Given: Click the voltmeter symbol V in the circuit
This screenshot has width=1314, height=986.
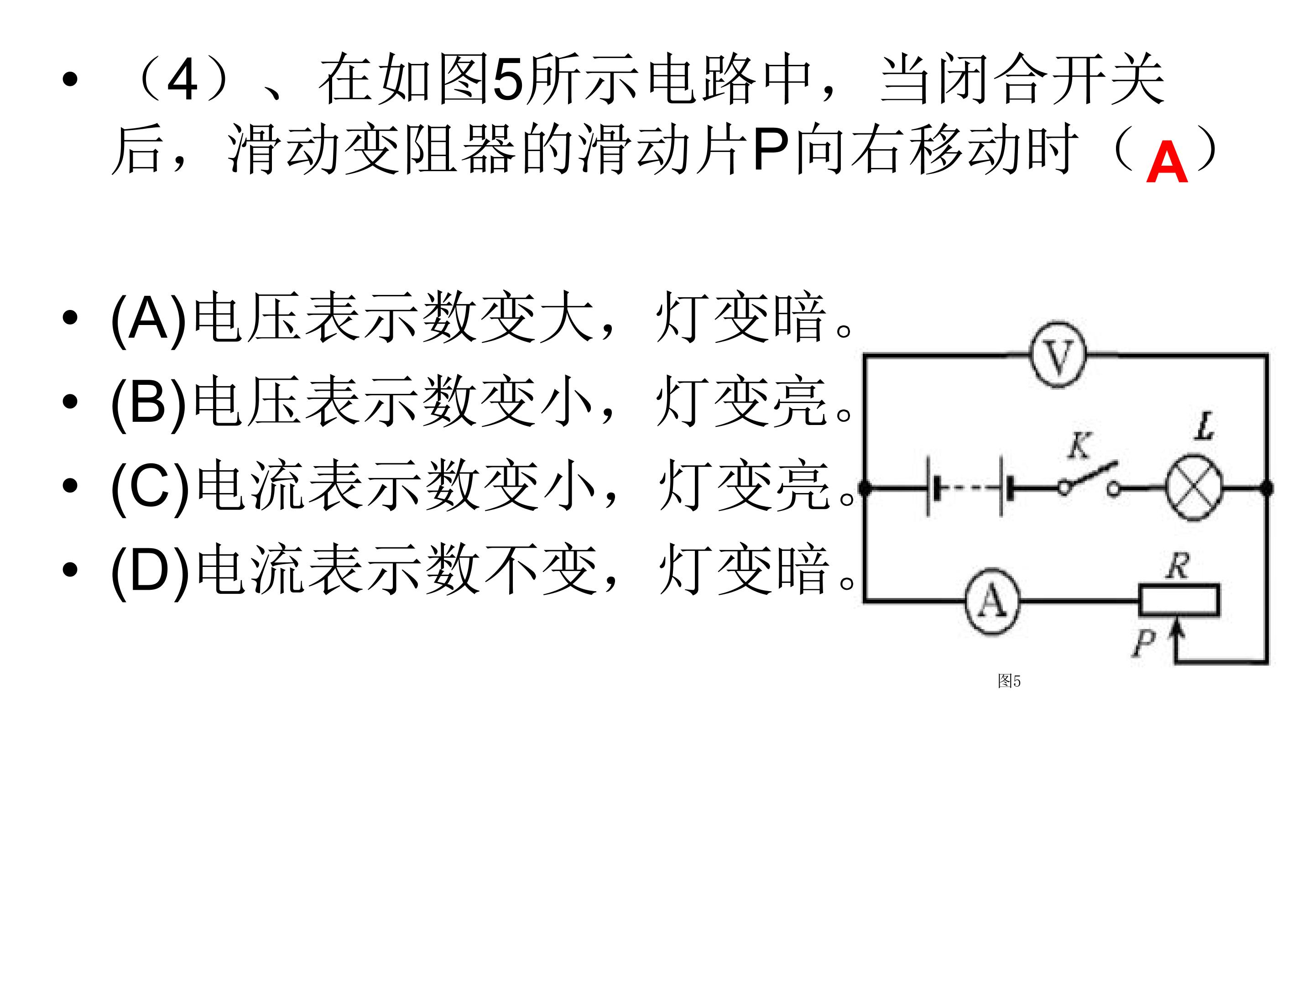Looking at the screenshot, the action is pos(1058,356).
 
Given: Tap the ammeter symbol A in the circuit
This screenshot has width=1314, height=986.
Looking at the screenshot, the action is pos(992,602).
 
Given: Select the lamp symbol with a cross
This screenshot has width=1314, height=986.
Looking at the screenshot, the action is pos(1194,488).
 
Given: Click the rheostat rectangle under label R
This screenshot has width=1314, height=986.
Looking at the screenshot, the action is pos(1179,600).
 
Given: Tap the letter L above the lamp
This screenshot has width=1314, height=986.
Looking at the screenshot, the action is pos(1204,426).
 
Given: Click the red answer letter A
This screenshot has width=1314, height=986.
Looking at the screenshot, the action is pos(1167,162).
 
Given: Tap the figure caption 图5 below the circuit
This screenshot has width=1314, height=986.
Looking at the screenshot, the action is pos(1009,681).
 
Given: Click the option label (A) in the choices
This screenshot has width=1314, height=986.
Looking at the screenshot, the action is pos(148,319).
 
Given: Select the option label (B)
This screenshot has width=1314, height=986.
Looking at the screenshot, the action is pos(148,402).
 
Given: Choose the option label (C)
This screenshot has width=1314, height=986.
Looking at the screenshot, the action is pos(150,486).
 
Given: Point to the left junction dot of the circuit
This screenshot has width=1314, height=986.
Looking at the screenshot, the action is pos(865,488).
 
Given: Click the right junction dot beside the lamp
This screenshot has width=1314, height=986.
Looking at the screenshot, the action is pos(1267,488).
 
